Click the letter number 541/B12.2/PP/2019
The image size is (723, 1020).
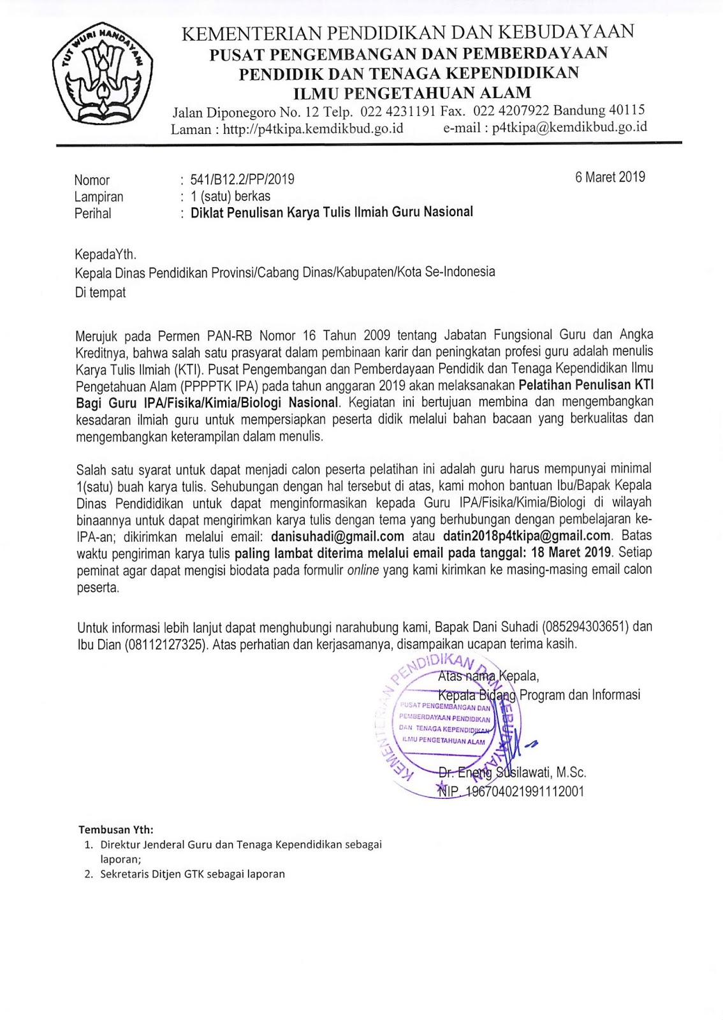242,180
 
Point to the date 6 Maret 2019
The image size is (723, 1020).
610,177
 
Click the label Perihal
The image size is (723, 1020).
92,214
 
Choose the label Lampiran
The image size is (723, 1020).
99,197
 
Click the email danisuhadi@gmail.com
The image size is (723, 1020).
338,536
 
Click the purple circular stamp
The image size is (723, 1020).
446,727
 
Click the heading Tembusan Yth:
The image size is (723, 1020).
116,829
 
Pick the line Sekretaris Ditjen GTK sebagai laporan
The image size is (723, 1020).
192,874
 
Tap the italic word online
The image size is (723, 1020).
363,570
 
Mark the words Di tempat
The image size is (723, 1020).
101,293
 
